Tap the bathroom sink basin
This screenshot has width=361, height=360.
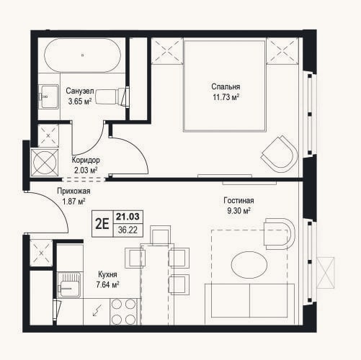click(x=49, y=96)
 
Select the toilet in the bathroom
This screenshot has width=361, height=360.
click(x=112, y=96)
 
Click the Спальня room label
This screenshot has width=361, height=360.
click(x=226, y=86)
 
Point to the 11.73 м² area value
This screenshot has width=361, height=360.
click(x=226, y=97)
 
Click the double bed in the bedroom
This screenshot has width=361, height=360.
click(x=225, y=86)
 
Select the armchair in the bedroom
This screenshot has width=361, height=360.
click(x=280, y=153)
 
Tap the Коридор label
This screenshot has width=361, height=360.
click(x=86, y=160)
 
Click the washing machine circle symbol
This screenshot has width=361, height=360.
click(x=45, y=163)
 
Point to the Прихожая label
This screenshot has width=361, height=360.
click(x=73, y=191)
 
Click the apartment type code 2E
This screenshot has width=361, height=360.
click(x=102, y=224)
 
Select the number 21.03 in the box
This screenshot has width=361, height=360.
click(x=128, y=217)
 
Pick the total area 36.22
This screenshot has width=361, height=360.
click(x=128, y=230)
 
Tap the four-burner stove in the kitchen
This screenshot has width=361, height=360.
click(x=124, y=312)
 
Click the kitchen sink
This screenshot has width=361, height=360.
click(x=70, y=285)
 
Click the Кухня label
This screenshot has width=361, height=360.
click(x=107, y=274)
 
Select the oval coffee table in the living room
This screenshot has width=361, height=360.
click(x=249, y=265)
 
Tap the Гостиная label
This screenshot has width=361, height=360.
click(x=239, y=200)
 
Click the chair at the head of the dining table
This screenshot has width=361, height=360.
click(x=160, y=235)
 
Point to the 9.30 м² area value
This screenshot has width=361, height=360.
click(x=239, y=211)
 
